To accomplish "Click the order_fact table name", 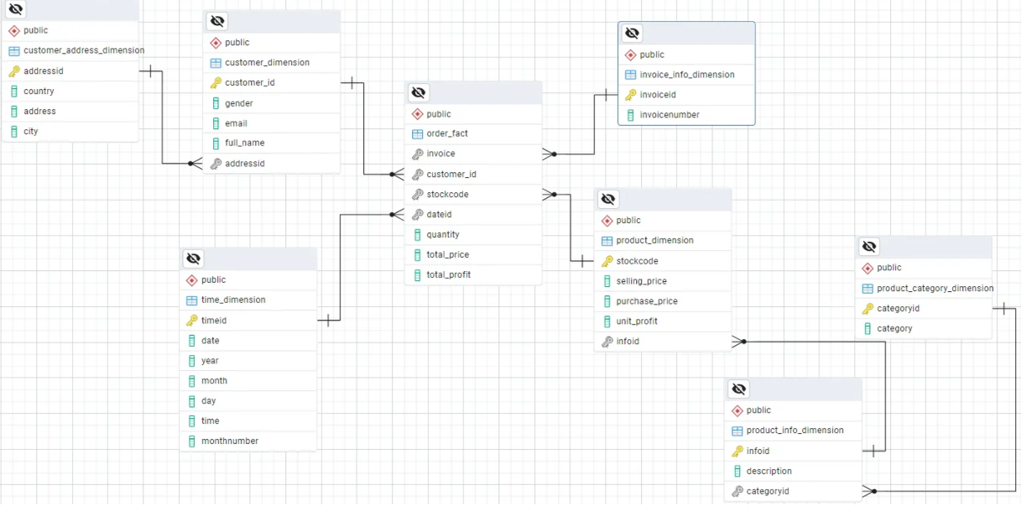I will click(x=447, y=133).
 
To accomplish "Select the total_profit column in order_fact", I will click(x=448, y=274).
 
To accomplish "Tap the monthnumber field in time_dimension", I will click(x=230, y=441).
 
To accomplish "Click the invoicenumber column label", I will click(x=669, y=115).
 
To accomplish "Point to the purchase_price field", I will click(x=646, y=301).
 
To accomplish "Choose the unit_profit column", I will click(x=637, y=321).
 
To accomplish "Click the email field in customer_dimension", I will click(x=236, y=123).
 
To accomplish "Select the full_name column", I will click(x=245, y=143).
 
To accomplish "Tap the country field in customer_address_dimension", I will click(x=39, y=91).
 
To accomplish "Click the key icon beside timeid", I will click(x=192, y=321).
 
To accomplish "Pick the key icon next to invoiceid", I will click(x=631, y=95).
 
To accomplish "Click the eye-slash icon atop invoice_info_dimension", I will click(x=633, y=34).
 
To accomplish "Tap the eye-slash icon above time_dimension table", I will click(x=193, y=258).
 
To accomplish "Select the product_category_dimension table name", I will click(x=935, y=288).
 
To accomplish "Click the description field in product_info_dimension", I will click(x=768, y=471).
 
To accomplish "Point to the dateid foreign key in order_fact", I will click(x=439, y=214).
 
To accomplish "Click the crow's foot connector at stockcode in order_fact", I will click(x=550, y=195).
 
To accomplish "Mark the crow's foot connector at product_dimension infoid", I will click(x=738, y=342).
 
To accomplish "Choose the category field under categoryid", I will click(x=894, y=328).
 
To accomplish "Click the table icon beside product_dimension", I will click(x=607, y=241).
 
